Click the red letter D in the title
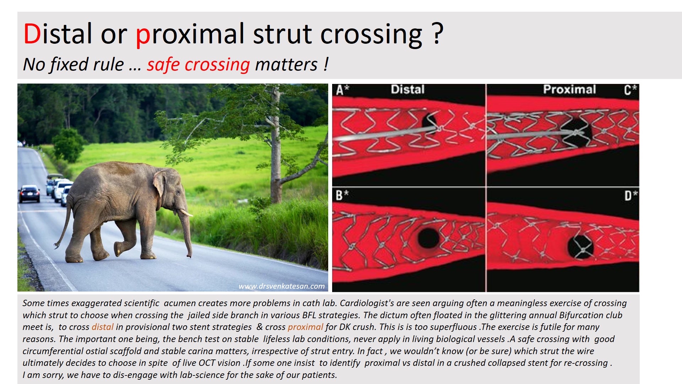coord(32,34)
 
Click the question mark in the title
coord(438,33)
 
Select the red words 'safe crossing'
coord(199,65)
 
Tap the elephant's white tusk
coord(186,213)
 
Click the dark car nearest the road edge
coord(29,193)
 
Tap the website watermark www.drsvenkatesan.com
coord(282,286)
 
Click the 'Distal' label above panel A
coord(407,89)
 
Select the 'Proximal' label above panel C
coord(569,89)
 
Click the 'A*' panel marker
coord(342,90)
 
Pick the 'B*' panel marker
coord(342,195)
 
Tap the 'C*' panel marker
coord(630,90)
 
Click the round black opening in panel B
coord(429,238)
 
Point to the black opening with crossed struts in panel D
coord(580,247)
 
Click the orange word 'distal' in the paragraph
coord(102,327)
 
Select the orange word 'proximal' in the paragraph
coord(305,327)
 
